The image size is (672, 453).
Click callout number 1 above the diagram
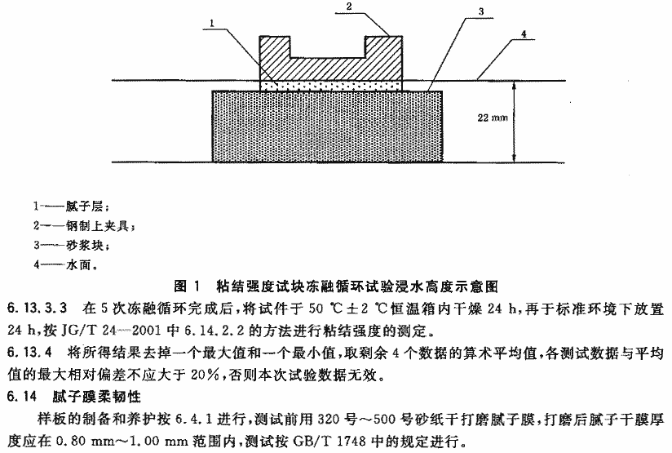pos(213,23)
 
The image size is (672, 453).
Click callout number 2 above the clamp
pos(349,7)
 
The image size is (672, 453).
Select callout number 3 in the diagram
pos(481,11)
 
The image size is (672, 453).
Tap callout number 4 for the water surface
pos(524,34)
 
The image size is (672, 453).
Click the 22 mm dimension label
pos(493,118)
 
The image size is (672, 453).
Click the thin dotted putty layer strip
pos(331,86)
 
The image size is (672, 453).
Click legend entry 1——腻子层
pos(72,207)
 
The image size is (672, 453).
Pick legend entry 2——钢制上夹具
pos(85,225)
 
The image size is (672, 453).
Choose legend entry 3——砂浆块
pos(72,246)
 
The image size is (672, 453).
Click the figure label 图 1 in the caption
pos(188,286)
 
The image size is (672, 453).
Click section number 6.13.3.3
pos(38,308)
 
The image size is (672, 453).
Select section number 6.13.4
pos(29,352)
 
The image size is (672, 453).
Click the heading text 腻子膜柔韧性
pos(97,396)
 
